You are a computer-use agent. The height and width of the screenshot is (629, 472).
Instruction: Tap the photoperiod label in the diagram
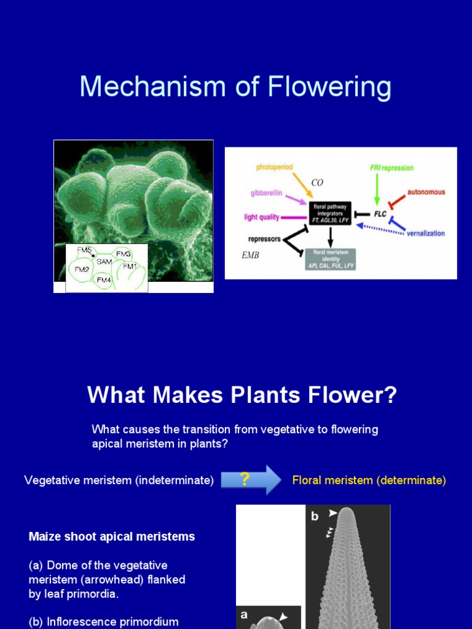pyautogui.click(x=275, y=166)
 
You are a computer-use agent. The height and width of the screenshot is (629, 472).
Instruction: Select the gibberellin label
pyautogui.click(x=266, y=192)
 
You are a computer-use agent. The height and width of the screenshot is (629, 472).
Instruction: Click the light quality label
pyautogui.click(x=262, y=217)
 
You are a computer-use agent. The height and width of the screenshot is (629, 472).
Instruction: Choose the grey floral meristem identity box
pyautogui.click(x=330, y=259)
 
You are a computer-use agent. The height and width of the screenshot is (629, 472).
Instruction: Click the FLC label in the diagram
pyautogui.click(x=380, y=214)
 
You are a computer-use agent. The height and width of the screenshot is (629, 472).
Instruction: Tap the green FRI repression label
pyautogui.click(x=391, y=168)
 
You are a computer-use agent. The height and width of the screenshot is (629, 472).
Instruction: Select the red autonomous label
pyautogui.click(x=425, y=192)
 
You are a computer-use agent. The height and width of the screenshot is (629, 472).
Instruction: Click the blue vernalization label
pyautogui.click(x=425, y=233)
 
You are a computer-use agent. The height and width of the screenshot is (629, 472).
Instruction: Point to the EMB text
pyautogui.click(x=250, y=256)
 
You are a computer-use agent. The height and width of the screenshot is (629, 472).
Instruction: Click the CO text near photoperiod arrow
pyautogui.click(x=317, y=182)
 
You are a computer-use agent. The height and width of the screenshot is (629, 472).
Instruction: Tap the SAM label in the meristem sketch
pyautogui.click(x=103, y=262)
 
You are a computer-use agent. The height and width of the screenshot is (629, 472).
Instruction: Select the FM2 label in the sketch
pyautogui.click(x=82, y=270)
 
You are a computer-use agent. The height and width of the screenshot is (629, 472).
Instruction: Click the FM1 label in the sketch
pyautogui.click(x=130, y=266)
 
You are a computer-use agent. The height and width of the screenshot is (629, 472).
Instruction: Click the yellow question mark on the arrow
pyautogui.click(x=245, y=479)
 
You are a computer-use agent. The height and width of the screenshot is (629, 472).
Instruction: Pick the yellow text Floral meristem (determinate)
pyautogui.click(x=369, y=480)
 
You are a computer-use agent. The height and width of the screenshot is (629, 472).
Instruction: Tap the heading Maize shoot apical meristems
pyautogui.click(x=112, y=536)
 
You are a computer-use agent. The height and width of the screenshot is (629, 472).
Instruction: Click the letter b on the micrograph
pyautogui.click(x=315, y=516)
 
